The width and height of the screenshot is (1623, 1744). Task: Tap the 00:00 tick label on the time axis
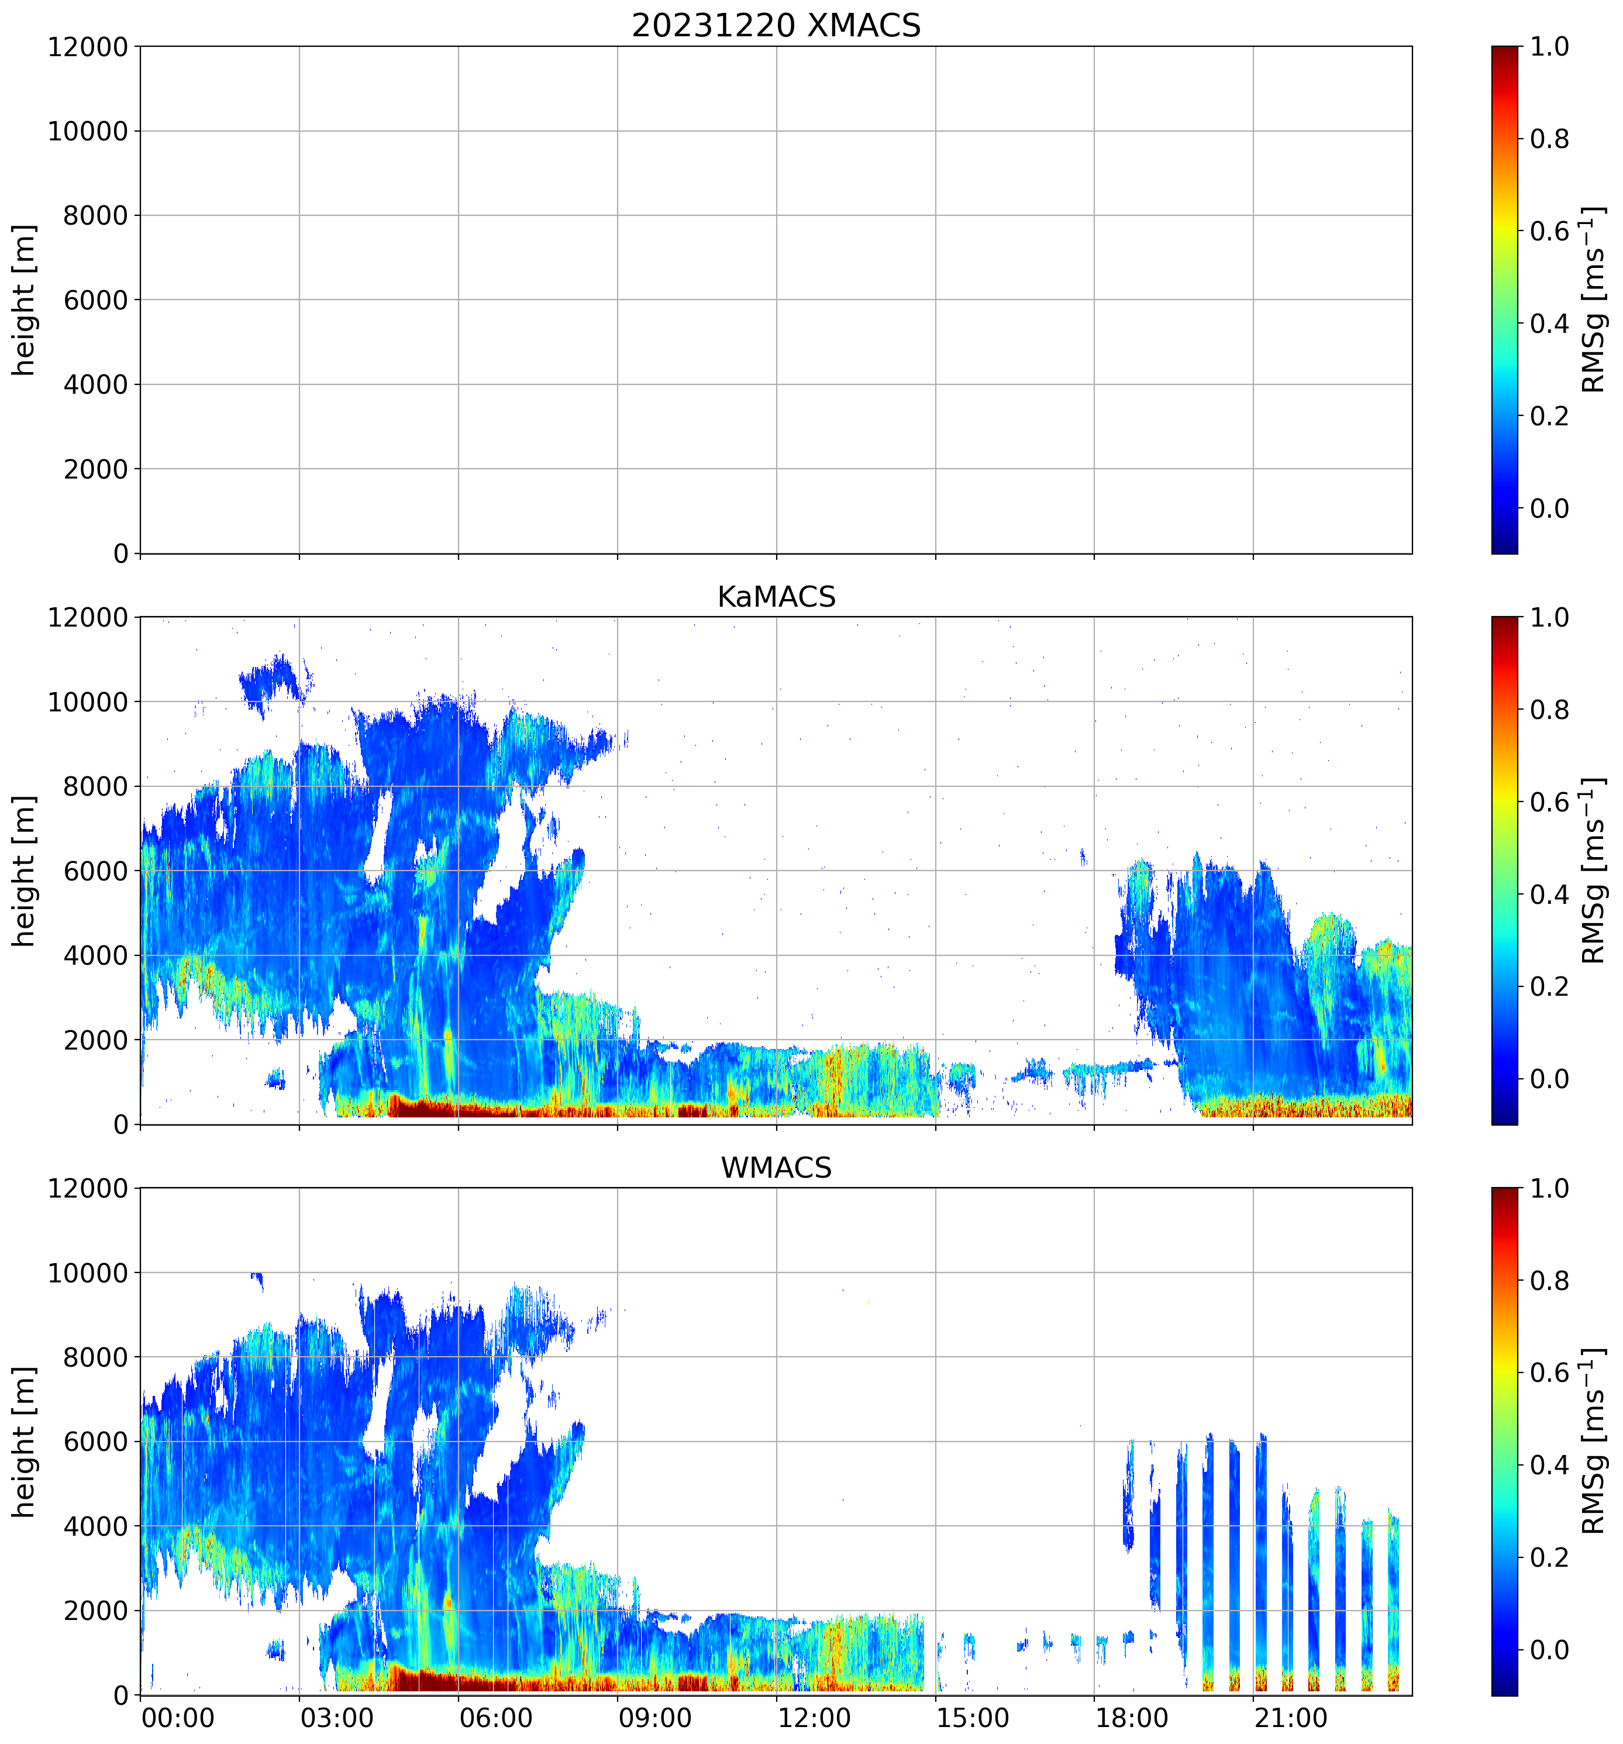[178, 1718]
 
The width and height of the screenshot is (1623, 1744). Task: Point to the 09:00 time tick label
[655, 1718]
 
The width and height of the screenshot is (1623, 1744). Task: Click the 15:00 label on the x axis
[973, 1718]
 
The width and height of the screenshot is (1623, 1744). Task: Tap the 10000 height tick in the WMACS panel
[88, 1273]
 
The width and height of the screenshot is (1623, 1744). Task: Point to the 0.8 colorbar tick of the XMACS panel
[1549, 139]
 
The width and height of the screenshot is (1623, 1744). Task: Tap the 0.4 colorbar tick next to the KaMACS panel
[1549, 895]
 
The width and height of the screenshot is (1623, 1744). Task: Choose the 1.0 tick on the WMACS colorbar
[1549, 1189]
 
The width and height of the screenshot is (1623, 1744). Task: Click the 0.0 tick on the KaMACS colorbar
[1549, 1079]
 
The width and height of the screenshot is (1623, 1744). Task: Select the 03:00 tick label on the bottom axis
[337, 1718]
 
